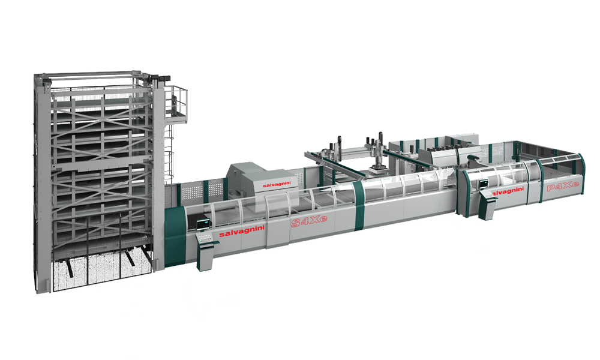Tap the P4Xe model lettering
(x=563, y=187)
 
